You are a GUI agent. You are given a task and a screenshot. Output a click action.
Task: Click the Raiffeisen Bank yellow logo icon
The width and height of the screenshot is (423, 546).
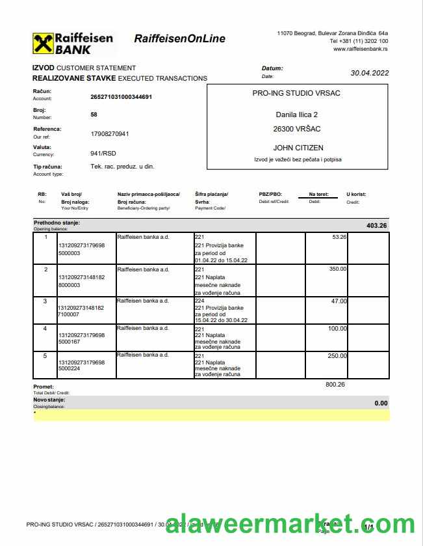point(43,44)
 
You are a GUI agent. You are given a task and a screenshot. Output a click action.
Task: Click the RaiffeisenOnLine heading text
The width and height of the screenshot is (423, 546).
point(179,39)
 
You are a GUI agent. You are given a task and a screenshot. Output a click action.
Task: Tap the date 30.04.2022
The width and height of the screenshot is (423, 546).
point(369,73)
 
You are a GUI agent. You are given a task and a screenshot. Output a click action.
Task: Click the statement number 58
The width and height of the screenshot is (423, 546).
point(94,114)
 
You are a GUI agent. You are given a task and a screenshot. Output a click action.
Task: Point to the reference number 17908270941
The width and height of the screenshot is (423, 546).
point(110,134)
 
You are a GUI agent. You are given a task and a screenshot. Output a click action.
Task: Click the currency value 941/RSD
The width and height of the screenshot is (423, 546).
point(103,154)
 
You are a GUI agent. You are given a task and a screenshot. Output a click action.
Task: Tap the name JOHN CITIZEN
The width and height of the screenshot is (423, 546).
point(298,148)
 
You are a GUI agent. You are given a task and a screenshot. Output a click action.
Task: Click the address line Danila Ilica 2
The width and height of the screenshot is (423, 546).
point(296,115)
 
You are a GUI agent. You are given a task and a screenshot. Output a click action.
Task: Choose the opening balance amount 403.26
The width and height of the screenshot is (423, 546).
point(376,226)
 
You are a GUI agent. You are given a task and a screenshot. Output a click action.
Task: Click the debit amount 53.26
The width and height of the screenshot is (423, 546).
point(339,237)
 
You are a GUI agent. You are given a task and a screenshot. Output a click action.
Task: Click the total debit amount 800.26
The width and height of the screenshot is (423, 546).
point(335,385)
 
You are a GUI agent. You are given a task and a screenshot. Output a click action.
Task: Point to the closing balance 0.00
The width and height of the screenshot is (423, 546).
point(381,403)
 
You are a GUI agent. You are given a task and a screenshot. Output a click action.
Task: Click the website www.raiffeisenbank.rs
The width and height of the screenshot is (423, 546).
point(361,49)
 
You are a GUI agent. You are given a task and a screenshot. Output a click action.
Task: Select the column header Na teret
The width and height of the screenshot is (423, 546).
point(318,194)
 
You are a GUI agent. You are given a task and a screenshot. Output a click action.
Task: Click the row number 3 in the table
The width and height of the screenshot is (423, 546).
point(45,301)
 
